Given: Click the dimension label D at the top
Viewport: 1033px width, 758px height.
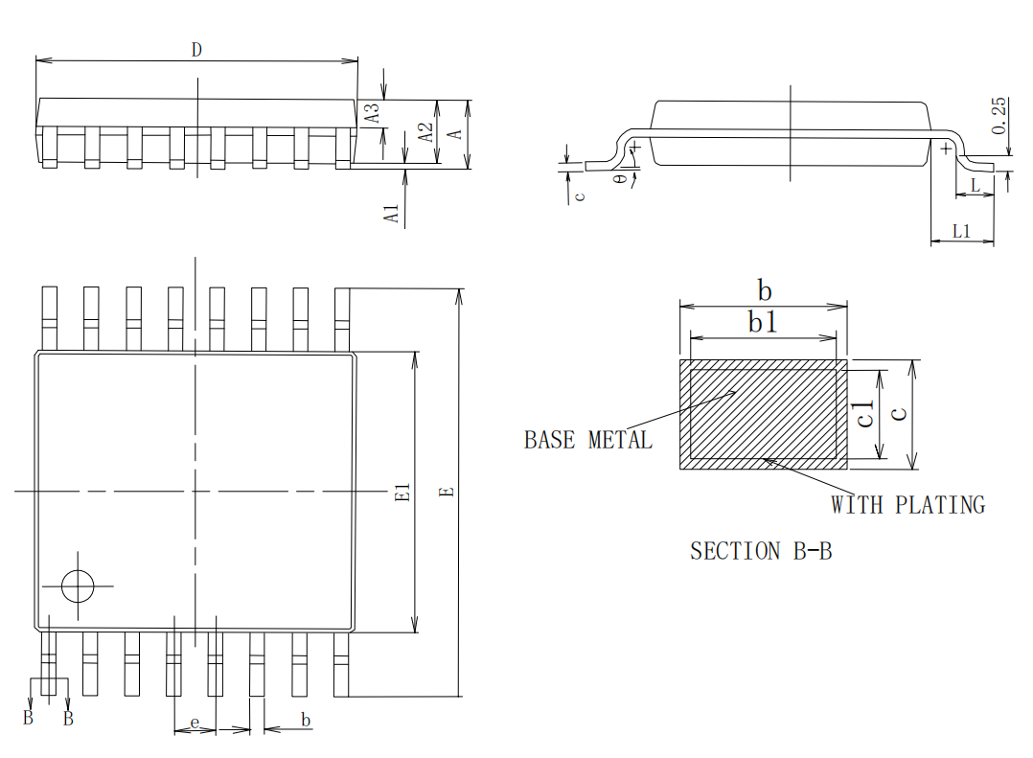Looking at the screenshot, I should click(196, 50).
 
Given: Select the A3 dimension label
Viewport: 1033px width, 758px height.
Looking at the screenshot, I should click(375, 112).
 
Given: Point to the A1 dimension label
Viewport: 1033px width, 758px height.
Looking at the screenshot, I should click(391, 213).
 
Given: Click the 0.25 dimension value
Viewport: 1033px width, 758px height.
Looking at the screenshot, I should click(999, 115).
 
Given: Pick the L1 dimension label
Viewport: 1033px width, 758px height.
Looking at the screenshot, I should click(961, 231).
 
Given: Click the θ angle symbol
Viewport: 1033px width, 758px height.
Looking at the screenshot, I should click(620, 178).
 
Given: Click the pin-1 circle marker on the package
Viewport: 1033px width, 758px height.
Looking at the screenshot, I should click(77, 586).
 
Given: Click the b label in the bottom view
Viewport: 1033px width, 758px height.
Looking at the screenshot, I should click(306, 720).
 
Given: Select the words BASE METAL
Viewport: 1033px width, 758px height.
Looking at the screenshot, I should click(587, 440).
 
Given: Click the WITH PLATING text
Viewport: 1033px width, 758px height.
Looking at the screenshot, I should click(907, 504).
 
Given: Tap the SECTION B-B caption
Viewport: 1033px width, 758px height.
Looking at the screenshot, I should click(760, 551).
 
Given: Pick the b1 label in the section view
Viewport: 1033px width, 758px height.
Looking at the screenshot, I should click(763, 323).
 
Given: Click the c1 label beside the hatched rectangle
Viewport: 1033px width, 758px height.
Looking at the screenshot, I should click(865, 414).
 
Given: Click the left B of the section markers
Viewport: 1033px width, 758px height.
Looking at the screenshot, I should click(28, 719).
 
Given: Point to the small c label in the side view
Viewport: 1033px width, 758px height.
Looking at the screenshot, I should click(579, 195).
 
